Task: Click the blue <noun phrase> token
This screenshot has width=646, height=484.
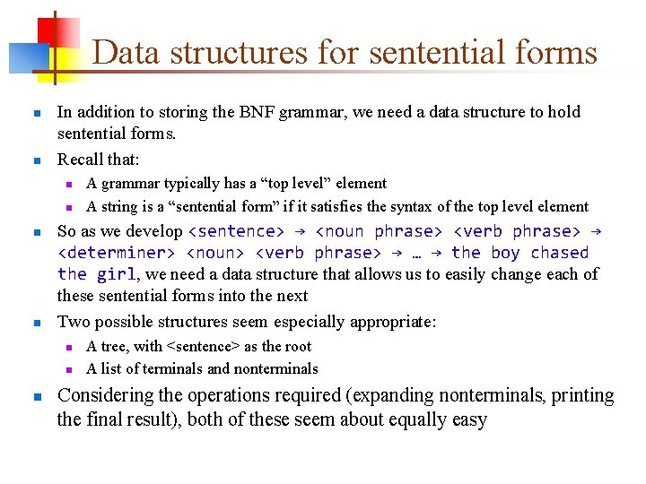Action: (x=377, y=231)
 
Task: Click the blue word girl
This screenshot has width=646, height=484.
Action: (x=117, y=274)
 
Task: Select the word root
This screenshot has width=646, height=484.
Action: (x=297, y=347)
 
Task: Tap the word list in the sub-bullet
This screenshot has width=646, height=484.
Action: (x=108, y=368)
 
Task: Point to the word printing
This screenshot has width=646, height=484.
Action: (x=581, y=396)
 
